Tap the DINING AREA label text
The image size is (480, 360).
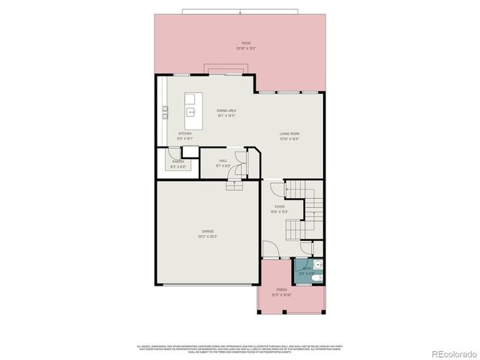[226, 110]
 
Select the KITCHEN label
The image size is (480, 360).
[185, 133]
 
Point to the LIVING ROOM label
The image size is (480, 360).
[289, 133]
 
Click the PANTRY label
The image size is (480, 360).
[178, 161]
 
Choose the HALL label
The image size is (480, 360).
[223, 160]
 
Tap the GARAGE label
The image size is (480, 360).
[207, 231]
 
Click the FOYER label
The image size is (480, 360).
[279, 206]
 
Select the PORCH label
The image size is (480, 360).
[281, 289]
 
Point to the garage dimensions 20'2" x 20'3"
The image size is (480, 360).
[207, 237]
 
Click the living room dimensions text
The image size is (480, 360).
[289, 139]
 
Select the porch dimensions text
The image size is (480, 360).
[281, 295]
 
